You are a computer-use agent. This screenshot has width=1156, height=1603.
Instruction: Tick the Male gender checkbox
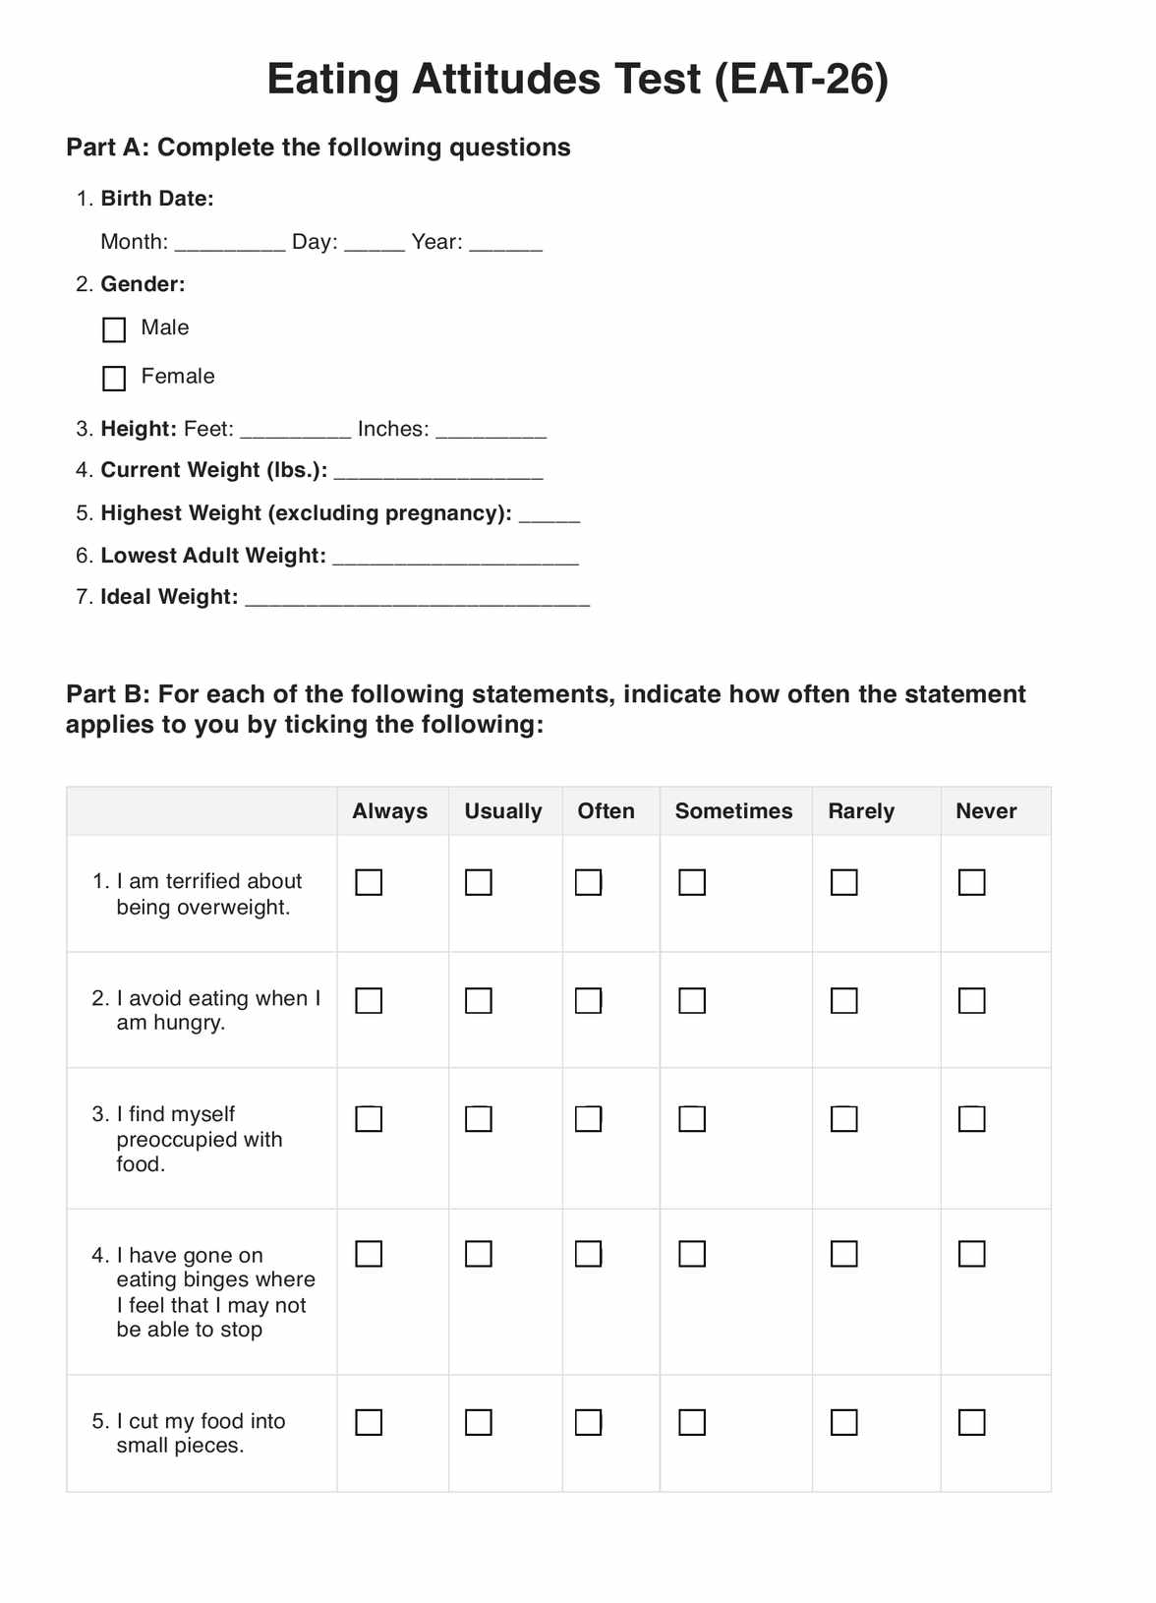pos(114,329)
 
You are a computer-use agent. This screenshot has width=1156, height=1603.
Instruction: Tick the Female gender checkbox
pos(114,378)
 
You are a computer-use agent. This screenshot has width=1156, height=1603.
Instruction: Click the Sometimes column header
pos(733,811)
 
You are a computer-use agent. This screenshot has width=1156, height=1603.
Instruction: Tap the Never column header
pos(986,811)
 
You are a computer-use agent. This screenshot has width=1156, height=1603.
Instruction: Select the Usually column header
pos(503,811)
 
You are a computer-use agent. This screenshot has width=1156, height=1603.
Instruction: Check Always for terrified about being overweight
pos(369,882)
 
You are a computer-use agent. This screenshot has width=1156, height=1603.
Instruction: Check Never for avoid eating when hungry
pos(971,1000)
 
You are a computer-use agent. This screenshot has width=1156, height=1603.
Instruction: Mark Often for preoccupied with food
pos(588,1119)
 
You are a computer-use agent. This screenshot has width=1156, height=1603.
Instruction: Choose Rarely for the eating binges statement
pos(843,1254)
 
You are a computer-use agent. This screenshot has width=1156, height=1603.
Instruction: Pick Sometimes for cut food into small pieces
pos(692,1422)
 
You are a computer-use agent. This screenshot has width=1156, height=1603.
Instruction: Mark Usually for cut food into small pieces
pos(479,1422)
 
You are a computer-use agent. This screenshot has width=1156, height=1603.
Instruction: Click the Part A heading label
pos(318,148)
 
